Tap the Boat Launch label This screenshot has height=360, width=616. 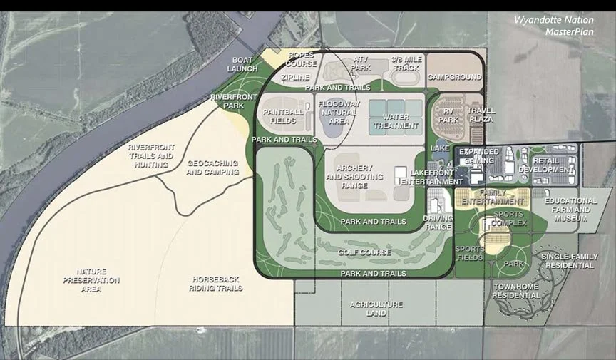[242, 64]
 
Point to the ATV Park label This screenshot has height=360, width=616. [362, 63]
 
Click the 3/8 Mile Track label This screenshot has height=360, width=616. [406, 63]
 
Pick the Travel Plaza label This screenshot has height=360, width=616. [481, 115]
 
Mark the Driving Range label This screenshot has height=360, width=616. [438, 222]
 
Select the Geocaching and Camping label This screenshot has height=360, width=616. [212, 168]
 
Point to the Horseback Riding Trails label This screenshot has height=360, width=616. [215, 284]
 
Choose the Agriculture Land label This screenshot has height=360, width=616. [376, 309]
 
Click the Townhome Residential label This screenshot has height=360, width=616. [516, 290]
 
